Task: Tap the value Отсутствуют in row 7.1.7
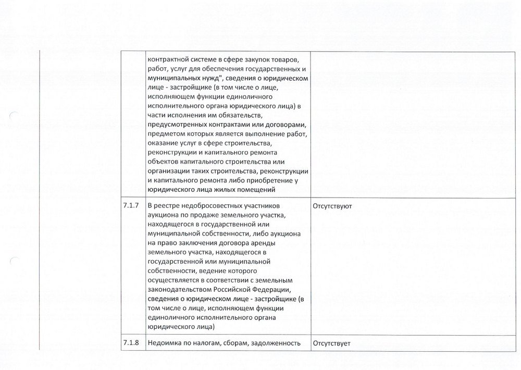click(x=332, y=206)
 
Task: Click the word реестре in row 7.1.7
click(x=167, y=206)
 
